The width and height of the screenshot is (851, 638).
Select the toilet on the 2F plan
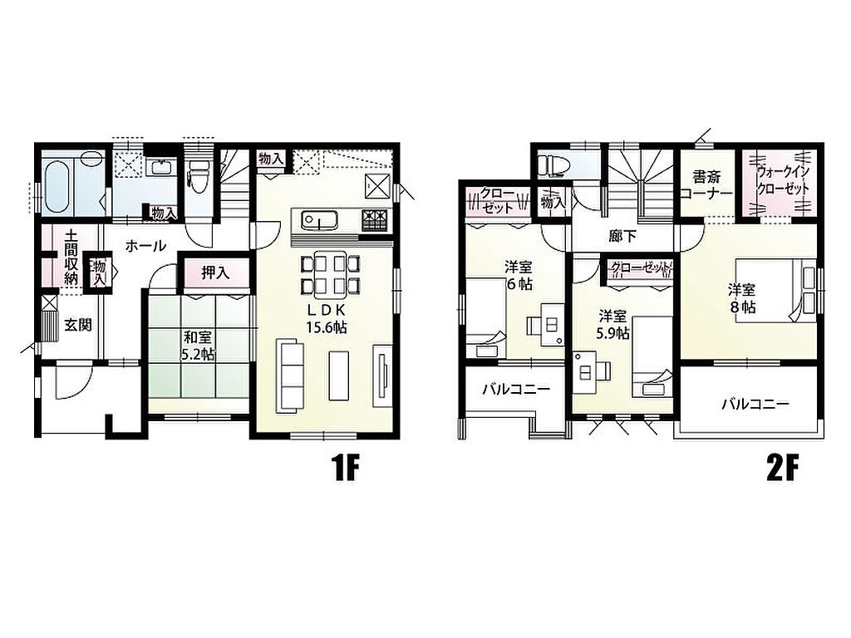[x=549, y=164]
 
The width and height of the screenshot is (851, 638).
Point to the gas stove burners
[x=376, y=219]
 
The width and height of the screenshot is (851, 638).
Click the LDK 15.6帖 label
[x=326, y=318]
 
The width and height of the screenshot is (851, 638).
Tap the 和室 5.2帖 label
[x=198, y=346]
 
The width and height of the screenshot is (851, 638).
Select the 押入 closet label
[x=216, y=272]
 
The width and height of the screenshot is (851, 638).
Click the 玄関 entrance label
[x=79, y=326]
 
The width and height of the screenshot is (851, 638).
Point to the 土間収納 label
[x=71, y=258]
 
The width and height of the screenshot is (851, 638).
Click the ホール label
[x=145, y=246]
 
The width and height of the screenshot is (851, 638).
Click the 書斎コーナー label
[x=706, y=185]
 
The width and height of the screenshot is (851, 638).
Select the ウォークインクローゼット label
[x=783, y=180]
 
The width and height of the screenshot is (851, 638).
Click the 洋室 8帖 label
[x=742, y=298]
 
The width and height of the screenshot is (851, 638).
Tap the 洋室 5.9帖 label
[x=612, y=325]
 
